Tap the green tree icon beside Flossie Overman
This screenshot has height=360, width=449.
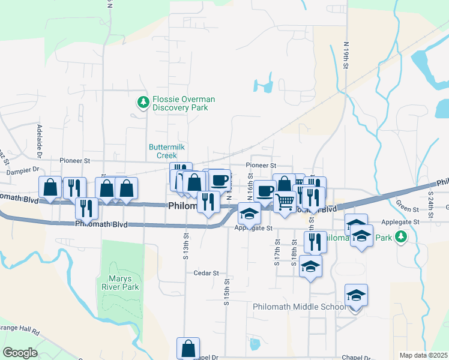pos(143,103)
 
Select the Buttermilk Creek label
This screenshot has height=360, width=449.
pos(163,151)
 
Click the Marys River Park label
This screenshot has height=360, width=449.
pos(124,283)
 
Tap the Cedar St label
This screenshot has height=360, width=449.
pos(206,272)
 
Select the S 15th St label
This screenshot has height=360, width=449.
pos(227,292)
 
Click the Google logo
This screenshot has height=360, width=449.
pos(20,353)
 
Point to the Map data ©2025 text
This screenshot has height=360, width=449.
pos(423,355)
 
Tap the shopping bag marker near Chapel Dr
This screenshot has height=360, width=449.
pos(188,348)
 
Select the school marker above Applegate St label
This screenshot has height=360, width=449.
pos(250,213)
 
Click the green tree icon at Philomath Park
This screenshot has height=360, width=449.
pos(401,238)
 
